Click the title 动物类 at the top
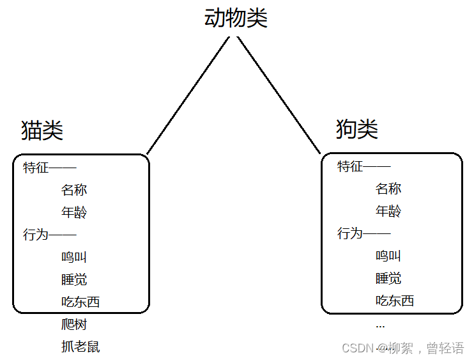point(236,18)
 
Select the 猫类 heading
point(42,130)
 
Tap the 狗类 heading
point(357,129)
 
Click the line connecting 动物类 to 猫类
point(187,96)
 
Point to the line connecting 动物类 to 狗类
point(279,96)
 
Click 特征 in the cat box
point(36,168)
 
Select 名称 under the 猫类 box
point(74,190)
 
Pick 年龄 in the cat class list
point(74,212)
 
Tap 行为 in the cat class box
point(36,235)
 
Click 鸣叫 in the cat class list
point(74,257)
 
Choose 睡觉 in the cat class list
point(74,279)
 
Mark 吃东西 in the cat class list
point(80,302)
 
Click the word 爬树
point(74,324)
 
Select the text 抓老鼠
point(80,347)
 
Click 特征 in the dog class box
point(350,166)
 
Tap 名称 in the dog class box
point(388,189)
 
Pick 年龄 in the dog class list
point(388,211)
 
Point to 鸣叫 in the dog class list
point(388,256)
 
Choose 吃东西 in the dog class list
point(395,301)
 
